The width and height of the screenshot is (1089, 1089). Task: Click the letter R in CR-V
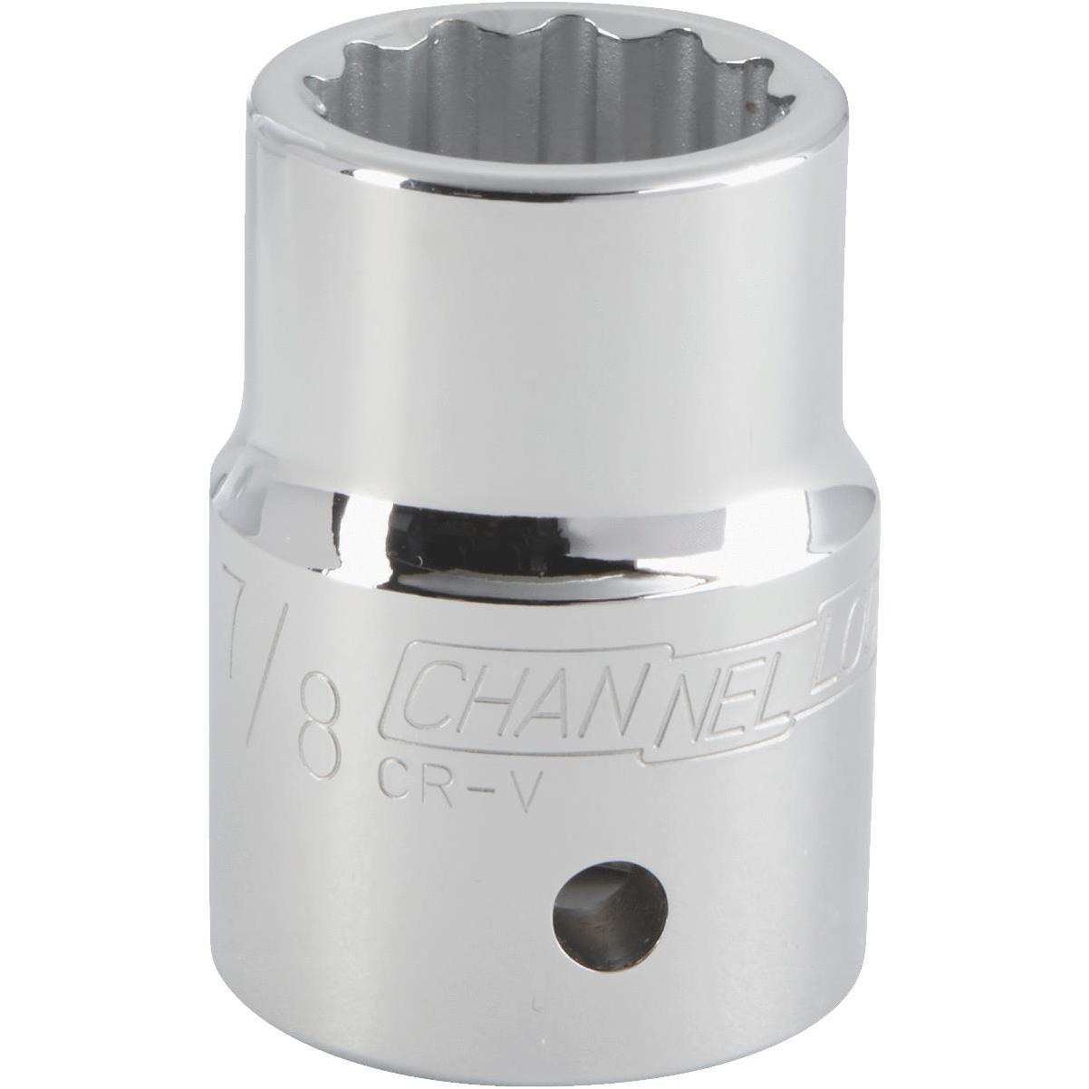[435, 776]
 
